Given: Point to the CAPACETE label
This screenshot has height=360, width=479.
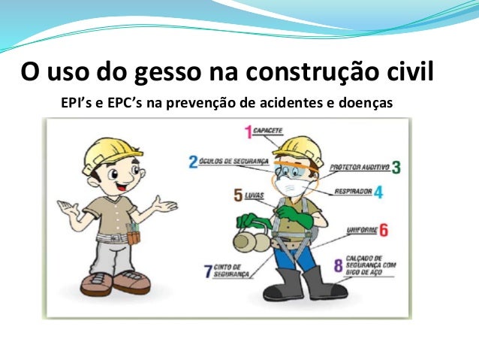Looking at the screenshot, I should point(268,130).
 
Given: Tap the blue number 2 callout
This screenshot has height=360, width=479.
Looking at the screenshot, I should point(193,162).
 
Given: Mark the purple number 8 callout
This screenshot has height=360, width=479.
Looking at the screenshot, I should point(338,265).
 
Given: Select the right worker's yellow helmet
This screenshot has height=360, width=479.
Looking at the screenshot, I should point(298,148).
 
